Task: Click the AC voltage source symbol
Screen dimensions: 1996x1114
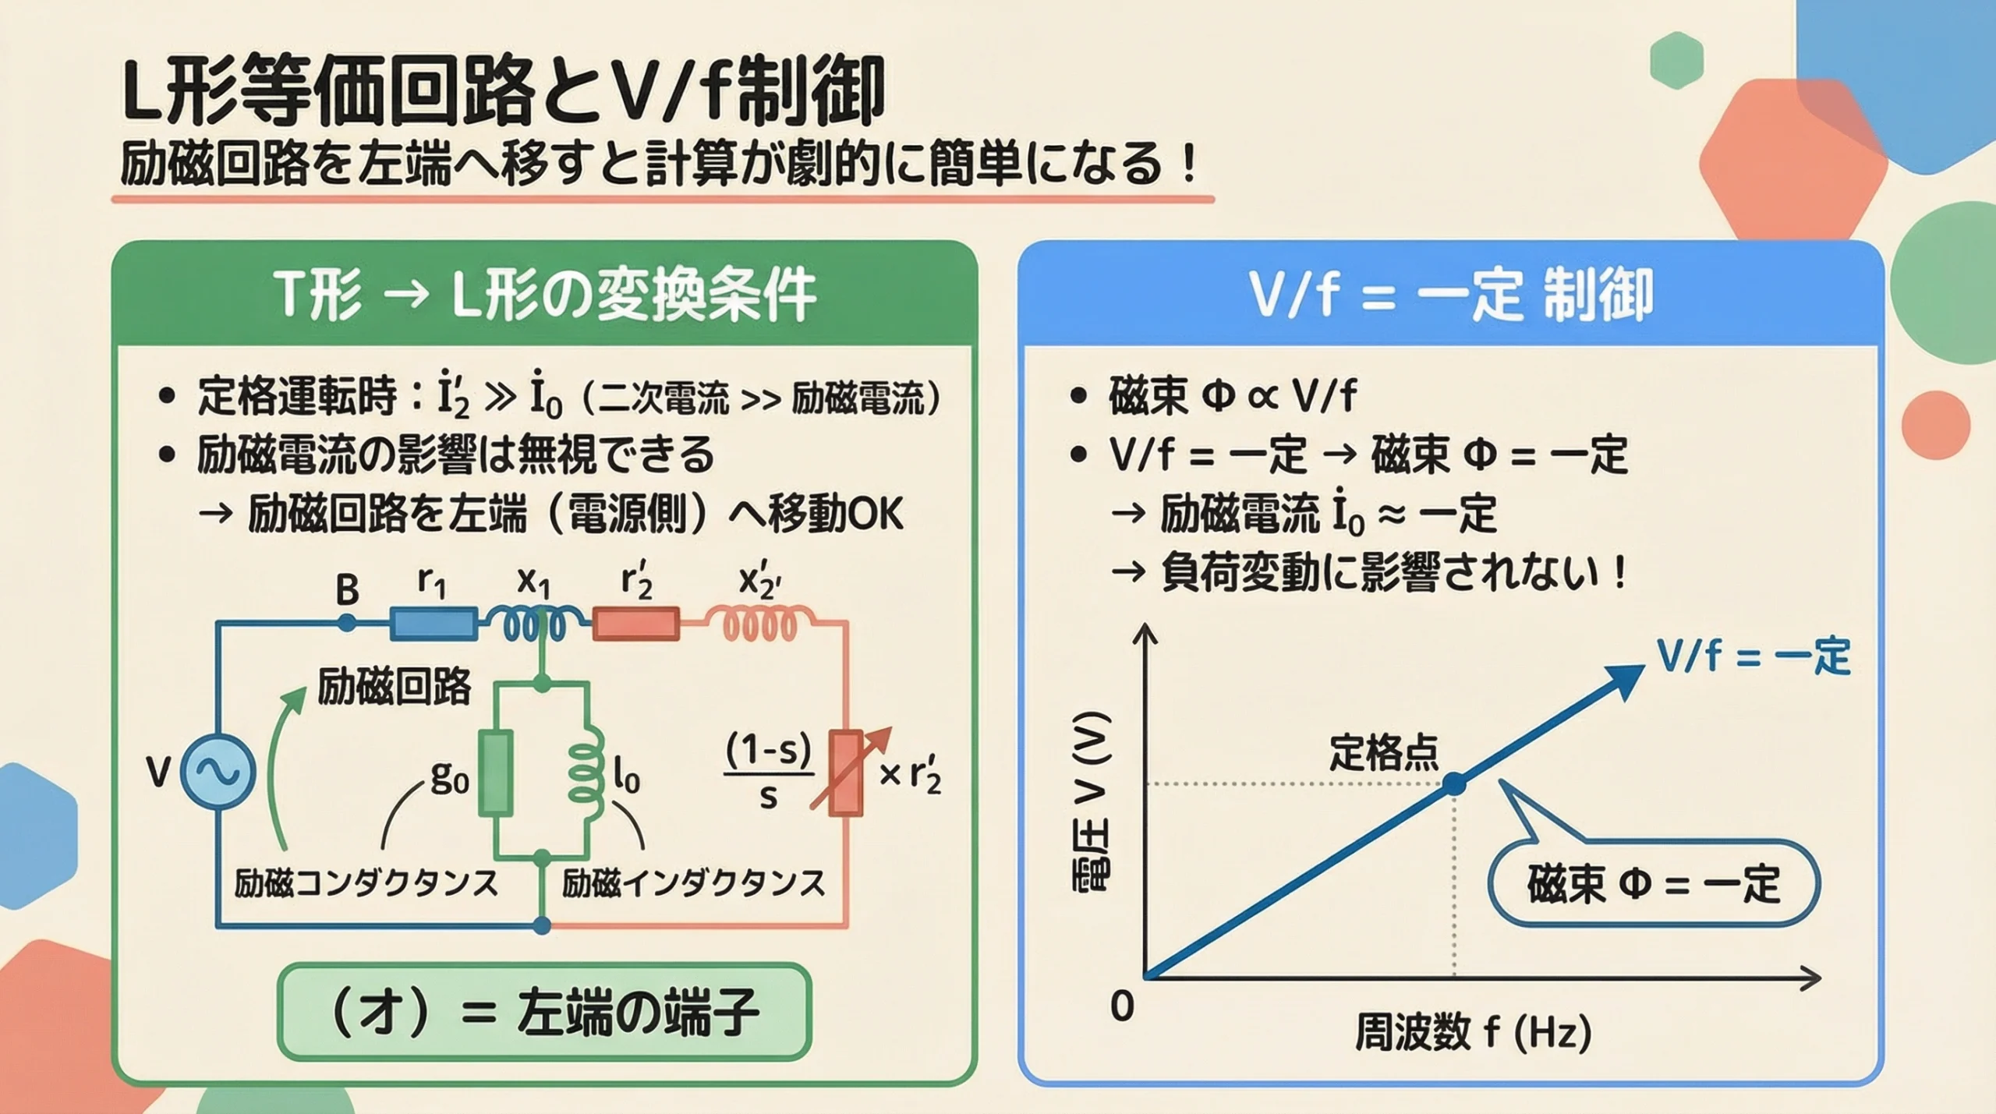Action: tap(218, 772)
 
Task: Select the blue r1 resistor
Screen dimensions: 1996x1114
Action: tap(433, 624)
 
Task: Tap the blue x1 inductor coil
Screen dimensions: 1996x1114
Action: tap(535, 624)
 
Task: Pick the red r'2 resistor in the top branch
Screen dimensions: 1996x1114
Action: tap(635, 624)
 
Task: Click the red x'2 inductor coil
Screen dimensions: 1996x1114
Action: tap(760, 624)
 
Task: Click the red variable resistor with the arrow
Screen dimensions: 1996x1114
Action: tap(846, 772)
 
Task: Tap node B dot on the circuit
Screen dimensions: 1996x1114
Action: tap(347, 623)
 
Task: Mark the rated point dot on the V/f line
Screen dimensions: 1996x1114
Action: tap(1453, 783)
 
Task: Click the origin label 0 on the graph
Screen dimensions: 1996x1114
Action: tap(1122, 1006)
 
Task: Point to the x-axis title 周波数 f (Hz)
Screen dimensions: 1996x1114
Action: tap(1472, 1032)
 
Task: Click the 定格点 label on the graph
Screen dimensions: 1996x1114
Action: tap(1383, 752)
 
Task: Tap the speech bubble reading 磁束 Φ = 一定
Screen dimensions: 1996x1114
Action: tap(1653, 883)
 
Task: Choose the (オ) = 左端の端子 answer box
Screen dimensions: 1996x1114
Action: tap(544, 1012)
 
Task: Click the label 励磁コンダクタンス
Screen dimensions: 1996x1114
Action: tap(366, 883)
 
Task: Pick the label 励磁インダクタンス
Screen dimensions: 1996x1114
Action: tap(693, 883)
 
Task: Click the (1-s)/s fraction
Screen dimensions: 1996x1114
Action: tap(769, 773)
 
